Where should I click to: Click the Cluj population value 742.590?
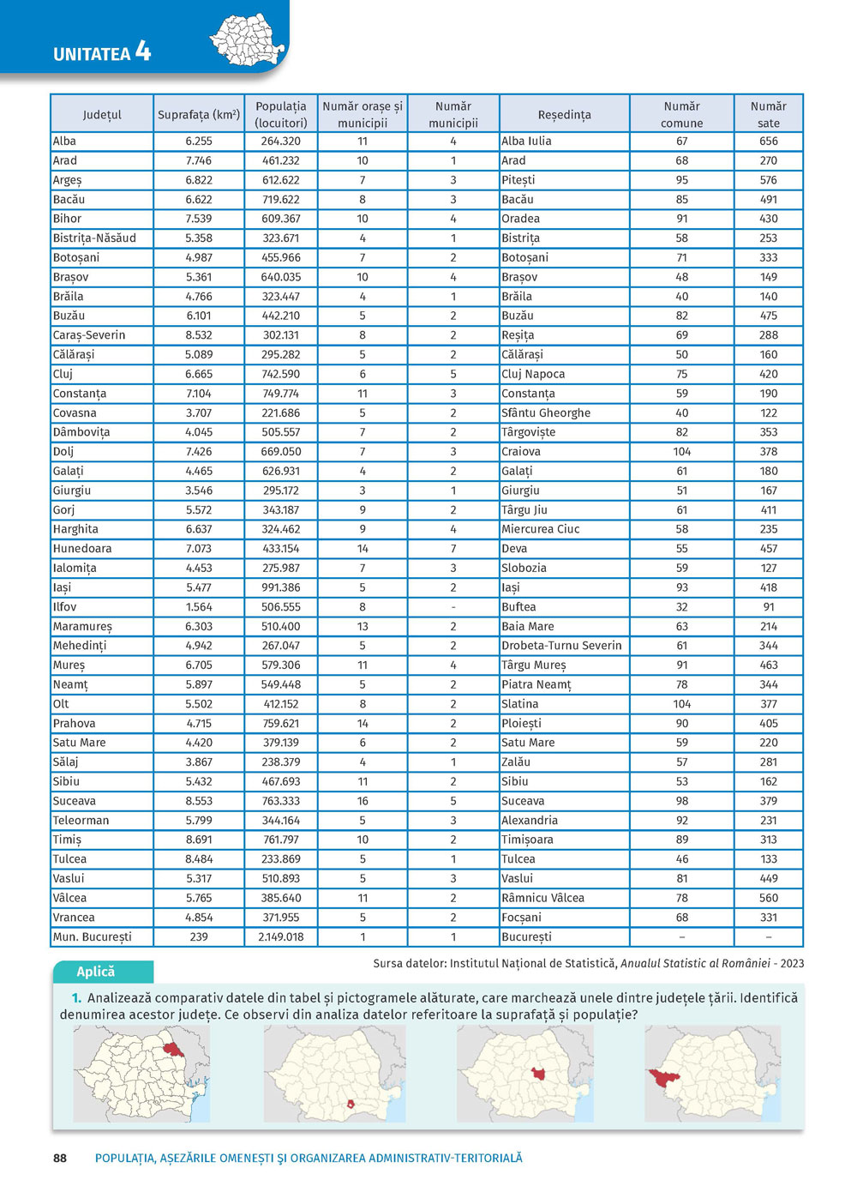click(280, 374)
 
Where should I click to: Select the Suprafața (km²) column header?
click(198, 115)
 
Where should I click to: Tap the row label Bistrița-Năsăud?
click(94, 238)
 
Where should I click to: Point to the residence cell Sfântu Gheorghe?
click(546, 412)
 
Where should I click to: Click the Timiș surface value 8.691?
click(199, 840)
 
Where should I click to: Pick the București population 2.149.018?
click(280, 936)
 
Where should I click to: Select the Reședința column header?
click(564, 115)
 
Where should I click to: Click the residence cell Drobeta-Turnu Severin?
click(561, 646)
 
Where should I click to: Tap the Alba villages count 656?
click(768, 141)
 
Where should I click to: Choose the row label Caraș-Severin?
click(89, 335)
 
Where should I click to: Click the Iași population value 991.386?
click(280, 587)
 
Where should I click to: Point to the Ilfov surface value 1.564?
click(199, 607)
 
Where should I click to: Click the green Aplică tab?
click(96, 972)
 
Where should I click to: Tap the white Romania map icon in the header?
click(248, 39)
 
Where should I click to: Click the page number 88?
click(60, 1158)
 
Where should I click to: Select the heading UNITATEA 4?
click(102, 53)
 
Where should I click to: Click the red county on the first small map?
click(173, 1051)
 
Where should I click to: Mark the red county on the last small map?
click(662, 1077)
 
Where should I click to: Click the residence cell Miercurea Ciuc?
click(540, 529)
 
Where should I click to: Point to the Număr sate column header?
click(768, 115)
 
